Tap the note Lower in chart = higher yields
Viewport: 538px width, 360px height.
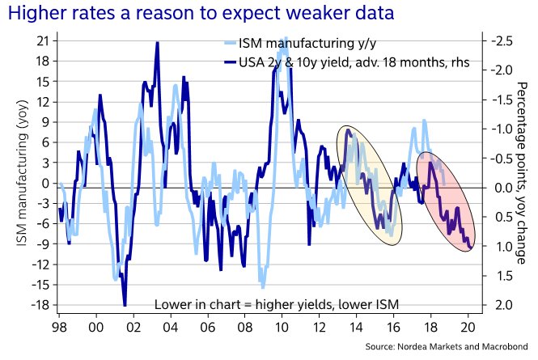277,304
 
